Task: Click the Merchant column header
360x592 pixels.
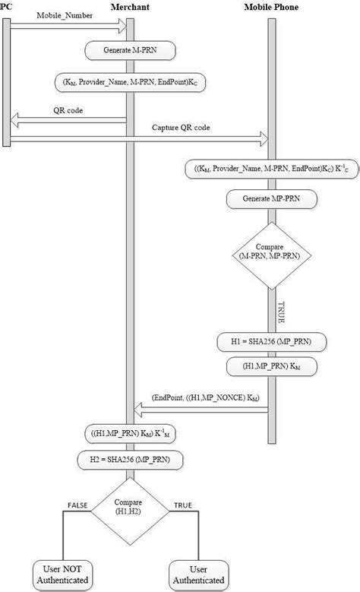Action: (129, 7)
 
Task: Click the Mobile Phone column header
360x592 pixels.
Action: (271, 7)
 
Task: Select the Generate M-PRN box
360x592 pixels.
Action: (129, 51)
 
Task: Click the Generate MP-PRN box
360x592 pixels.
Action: (270, 199)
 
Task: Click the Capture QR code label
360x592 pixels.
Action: (180, 127)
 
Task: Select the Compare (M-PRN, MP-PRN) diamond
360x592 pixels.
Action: (270, 255)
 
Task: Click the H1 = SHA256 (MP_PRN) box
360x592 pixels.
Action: (271, 343)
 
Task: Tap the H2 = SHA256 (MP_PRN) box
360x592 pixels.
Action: (130, 459)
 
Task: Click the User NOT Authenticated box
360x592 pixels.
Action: (62, 575)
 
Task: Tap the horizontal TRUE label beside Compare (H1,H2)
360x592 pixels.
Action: (183, 505)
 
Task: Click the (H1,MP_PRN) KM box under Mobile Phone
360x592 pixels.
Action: (271, 367)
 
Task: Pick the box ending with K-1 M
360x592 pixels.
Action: (130, 434)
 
